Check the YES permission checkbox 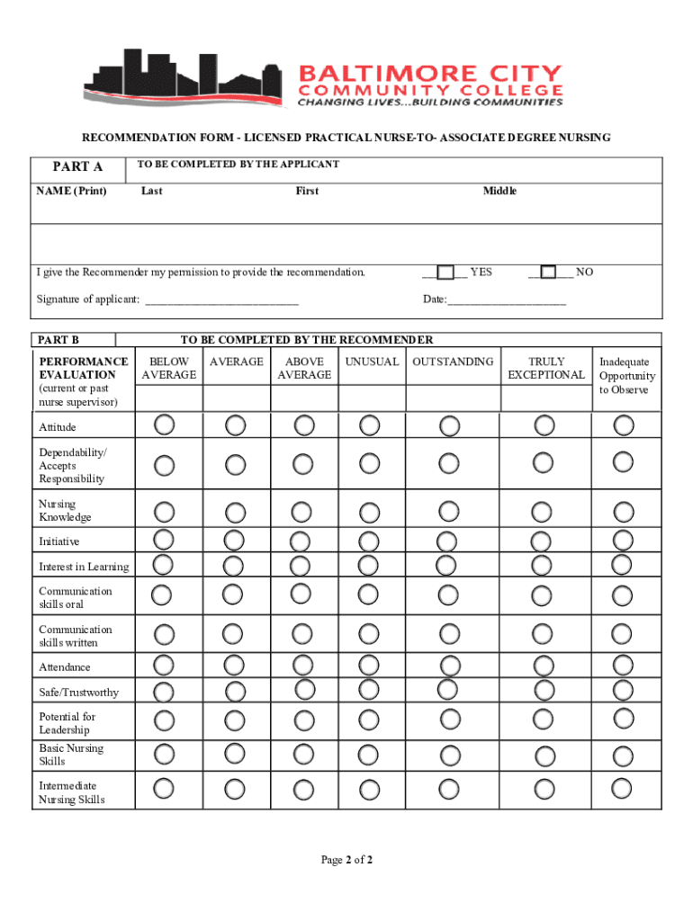(445, 273)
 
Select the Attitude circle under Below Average (165, 424)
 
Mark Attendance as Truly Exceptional (542, 666)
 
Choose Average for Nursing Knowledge (235, 512)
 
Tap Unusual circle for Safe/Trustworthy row (368, 689)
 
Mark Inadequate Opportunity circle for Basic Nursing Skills (622, 753)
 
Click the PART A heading (77, 166)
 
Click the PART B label (59, 340)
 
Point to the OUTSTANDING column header (453, 362)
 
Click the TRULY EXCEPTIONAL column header (545, 368)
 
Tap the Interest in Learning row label (84, 567)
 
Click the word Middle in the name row (499, 191)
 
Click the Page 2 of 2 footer (346, 860)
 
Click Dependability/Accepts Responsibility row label (72, 465)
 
